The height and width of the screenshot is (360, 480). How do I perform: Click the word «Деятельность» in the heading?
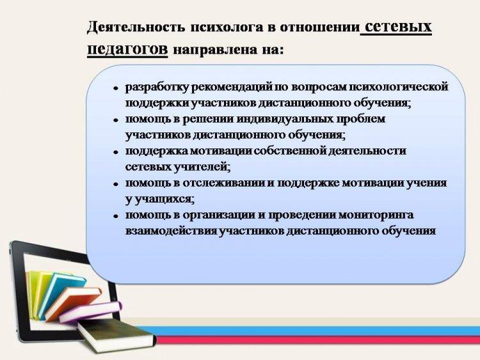tap(136, 27)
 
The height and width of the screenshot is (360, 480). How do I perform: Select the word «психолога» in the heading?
tap(227, 27)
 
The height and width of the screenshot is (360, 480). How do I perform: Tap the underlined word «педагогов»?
tap(127, 49)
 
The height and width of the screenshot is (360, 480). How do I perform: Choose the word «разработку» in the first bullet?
tap(157, 88)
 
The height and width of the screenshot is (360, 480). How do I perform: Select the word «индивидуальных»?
tap(285, 119)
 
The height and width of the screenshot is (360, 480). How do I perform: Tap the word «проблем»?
tap(360, 119)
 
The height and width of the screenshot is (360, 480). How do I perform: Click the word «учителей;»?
tap(202, 167)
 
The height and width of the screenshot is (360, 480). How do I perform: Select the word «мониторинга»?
tap(375, 215)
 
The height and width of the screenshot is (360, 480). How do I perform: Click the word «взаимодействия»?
tap(172, 231)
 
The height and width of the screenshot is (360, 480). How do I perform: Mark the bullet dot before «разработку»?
tap(116, 88)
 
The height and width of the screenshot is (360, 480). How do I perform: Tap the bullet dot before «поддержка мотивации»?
tap(116, 152)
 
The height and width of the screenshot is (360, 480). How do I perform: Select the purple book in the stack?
tap(91, 311)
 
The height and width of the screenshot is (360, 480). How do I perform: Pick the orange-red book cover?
tap(73, 304)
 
